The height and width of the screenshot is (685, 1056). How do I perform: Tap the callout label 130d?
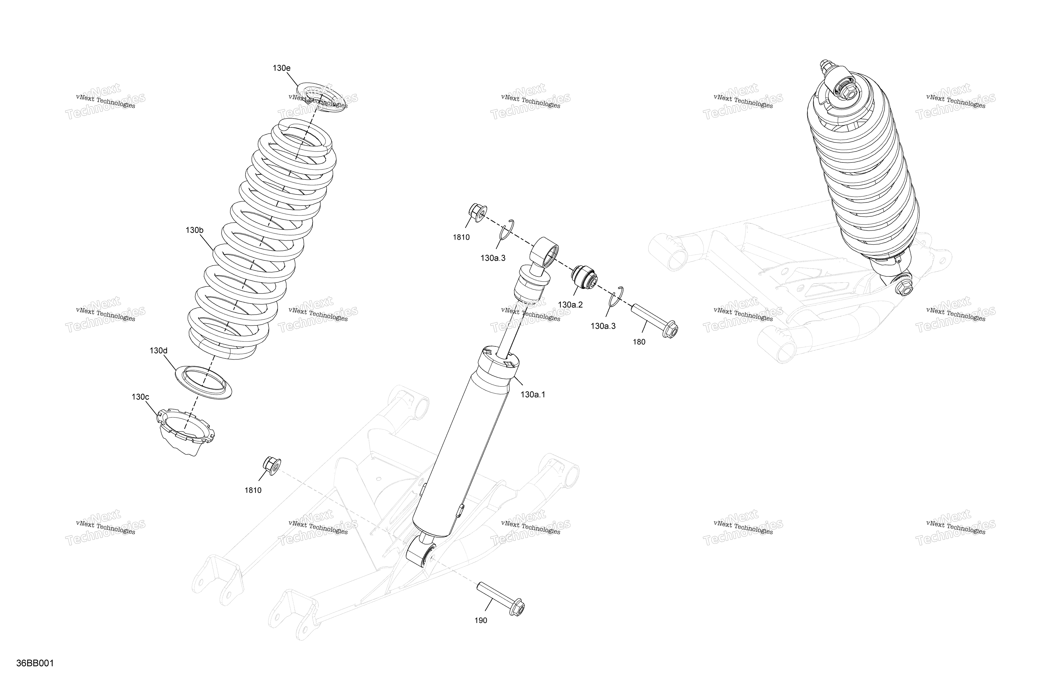pyautogui.click(x=158, y=351)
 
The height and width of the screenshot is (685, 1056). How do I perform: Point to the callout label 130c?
pyautogui.click(x=140, y=397)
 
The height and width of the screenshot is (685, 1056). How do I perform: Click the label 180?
pyautogui.click(x=639, y=342)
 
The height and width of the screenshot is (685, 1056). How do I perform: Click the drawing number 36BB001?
pyautogui.click(x=35, y=664)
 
